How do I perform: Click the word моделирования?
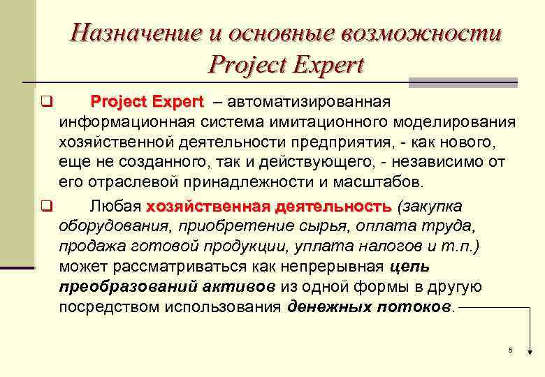point(454,124)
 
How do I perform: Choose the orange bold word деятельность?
point(333,207)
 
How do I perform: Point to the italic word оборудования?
point(115,227)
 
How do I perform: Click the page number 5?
point(511,350)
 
